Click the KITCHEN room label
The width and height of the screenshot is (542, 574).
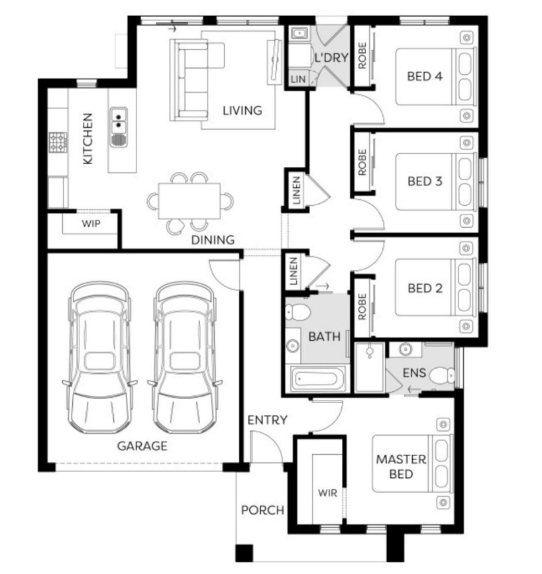click(x=87, y=139)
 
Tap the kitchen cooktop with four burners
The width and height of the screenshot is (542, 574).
click(x=58, y=142)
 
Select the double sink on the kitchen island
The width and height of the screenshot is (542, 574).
click(x=119, y=127)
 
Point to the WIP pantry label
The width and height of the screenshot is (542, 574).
click(x=91, y=223)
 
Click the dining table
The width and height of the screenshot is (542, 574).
click(x=189, y=201)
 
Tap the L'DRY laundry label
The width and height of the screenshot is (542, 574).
click(x=331, y=58)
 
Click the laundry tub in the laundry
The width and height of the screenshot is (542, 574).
click(x=299, y=34)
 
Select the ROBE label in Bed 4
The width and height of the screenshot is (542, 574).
click(x=362, y=56)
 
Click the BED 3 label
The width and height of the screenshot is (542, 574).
click(x=425, y=181)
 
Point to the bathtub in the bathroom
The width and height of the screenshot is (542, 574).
click(x=317, y=378)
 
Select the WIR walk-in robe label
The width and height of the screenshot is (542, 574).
click(x=327, y=493)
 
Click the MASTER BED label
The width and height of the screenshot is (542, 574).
click(x=402, y=466)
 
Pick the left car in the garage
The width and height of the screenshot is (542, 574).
click(x=99, y=357)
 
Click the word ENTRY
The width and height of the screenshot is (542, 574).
click(x=267, y=420)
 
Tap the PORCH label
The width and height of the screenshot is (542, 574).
click(x=262, y=510)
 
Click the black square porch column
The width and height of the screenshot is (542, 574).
click(x=244, y=553)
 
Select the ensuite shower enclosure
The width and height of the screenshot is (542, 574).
click(x=370, y=367)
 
